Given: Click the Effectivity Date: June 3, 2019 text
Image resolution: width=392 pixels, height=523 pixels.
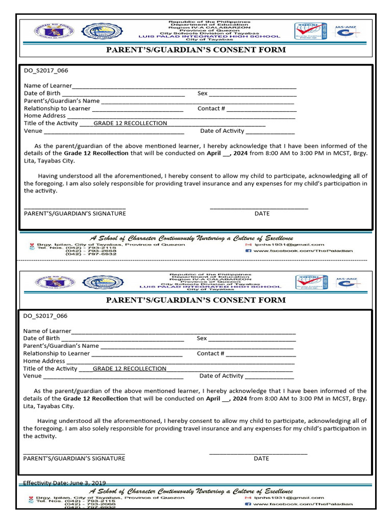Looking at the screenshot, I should tap(64, 483).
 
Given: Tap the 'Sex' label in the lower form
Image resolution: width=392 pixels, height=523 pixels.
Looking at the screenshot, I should tap(202, 338).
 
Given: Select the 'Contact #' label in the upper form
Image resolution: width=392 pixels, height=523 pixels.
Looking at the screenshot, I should tap(211, 108).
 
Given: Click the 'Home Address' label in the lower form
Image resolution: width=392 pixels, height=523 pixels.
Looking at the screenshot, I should tap(44, 361).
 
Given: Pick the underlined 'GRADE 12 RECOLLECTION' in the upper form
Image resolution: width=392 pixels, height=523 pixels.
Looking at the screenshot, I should tap(130, 123).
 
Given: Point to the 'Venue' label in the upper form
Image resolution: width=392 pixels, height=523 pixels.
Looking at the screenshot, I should tap(33, 131).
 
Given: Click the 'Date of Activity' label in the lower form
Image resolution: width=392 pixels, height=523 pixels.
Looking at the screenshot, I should tap(222, 376).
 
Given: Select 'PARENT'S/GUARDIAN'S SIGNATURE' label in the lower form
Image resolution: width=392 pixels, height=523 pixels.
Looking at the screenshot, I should tap(74, 458).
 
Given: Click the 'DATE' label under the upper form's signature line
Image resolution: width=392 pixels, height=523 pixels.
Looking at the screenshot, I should tap(262, 213).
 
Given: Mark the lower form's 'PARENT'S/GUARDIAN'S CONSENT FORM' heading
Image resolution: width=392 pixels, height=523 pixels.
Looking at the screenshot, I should tap(195, 300).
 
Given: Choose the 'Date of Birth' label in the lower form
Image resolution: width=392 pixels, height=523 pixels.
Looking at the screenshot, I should tap(41, 338).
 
